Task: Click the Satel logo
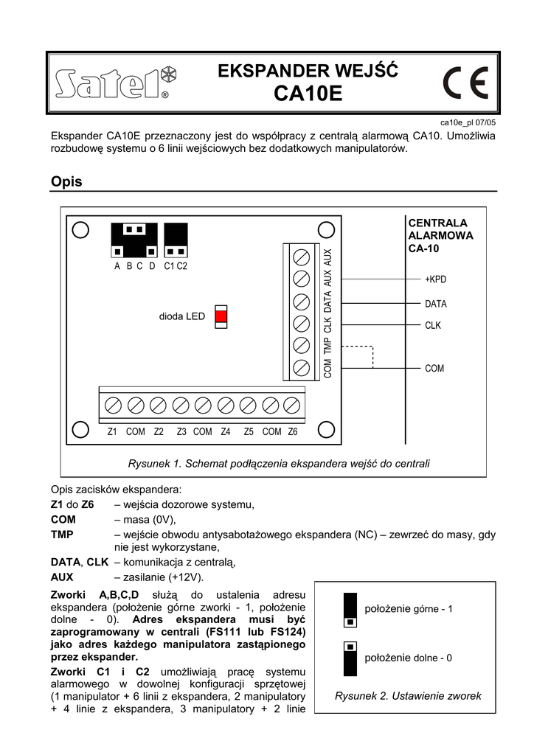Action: pyautogui.click(x=115, y=83)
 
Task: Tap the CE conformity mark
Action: pyautogui.click(x=465, y=83)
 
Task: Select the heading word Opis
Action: pyautogui.click(x=66, y=181)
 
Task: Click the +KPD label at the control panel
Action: pyautogui.click(x=435, y=280)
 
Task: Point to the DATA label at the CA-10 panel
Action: pyautogui.click(x=435, y=304)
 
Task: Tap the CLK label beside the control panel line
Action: pyautogui.click(x=433, y=325)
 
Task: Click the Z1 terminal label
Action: pyautogui.click(x=112, y=432)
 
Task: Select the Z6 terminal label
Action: pyautogui.click(x=293, y=432)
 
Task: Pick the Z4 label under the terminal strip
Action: pyautogui.click(x=226, y=432)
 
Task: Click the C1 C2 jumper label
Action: pyautogui.click(x=176, y=266)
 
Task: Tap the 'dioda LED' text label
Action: pyautogui.click(x=182, y=316)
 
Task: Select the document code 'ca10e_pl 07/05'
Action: pyautogui.click(x=468, y=122)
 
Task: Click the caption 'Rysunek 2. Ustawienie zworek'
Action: pyautogui.click(x=408, y=695)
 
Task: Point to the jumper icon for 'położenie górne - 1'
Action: pyautogui.click(x=350, y=610)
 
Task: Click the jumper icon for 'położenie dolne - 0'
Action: pyautogui.click(x=350, y=658)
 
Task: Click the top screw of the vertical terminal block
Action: pyautogui.click(x=301, y=257)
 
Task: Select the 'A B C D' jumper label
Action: pyautogui.click(x=134, y=266)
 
